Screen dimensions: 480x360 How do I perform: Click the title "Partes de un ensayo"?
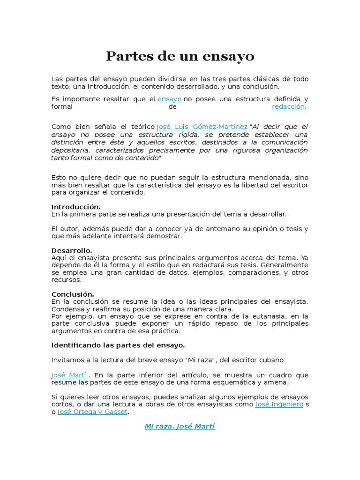tap(180, 56)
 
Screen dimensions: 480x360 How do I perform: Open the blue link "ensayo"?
tap(169, 99)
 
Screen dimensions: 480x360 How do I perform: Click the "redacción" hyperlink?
tap(288, 107)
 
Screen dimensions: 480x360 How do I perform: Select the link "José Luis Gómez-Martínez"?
tap(202, 127)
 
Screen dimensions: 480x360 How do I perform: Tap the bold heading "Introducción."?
tap(75, 207)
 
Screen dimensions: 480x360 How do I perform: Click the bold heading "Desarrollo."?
tap(72, 250)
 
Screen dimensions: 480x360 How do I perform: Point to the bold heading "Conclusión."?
tap(73, 294)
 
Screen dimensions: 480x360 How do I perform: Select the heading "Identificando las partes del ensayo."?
tap(118, 345)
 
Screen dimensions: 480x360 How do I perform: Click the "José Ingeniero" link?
tap(279, 405)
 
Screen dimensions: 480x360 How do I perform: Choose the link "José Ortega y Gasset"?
tap(92, 412)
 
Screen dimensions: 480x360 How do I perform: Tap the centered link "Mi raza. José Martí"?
tap(180, 427)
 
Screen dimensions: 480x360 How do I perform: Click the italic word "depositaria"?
tap(71, 150)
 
